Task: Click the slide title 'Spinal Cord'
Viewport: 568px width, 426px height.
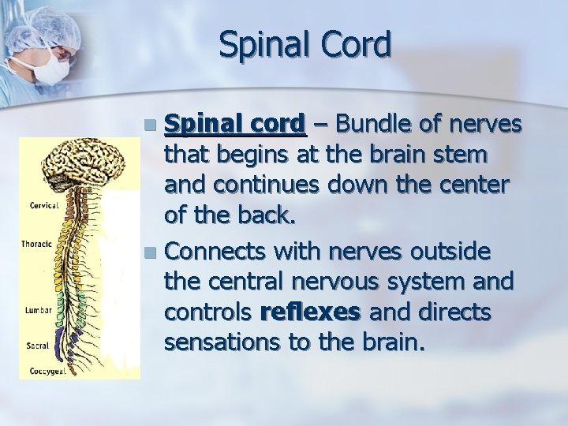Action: pyautogui.click(x=305, y=45)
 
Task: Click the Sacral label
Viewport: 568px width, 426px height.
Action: pyautogui.click(x=37, y=345)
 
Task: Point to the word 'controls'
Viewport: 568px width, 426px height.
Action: pyautogui.click(x=207, y=313)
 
